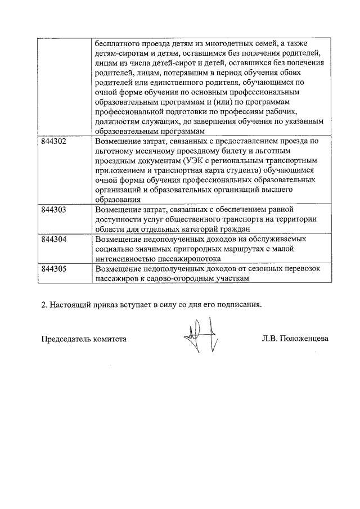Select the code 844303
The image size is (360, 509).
54,210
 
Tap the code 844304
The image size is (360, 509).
54,239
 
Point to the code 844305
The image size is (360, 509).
54,269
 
